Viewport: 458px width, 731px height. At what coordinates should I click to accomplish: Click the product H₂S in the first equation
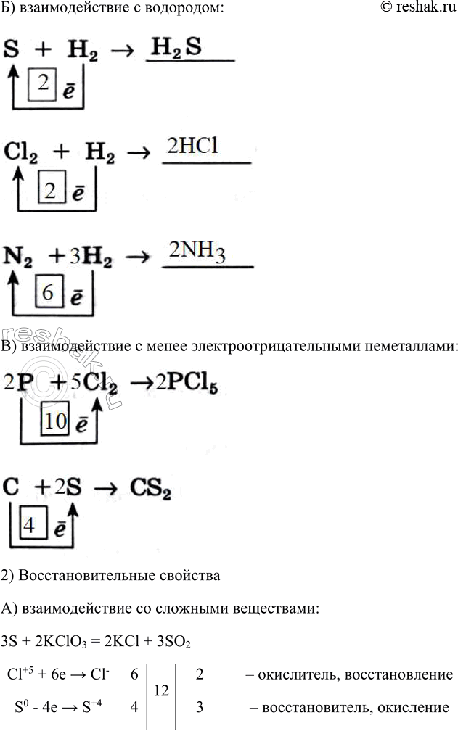click(x=176, y=48)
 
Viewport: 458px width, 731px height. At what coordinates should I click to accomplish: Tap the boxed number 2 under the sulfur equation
click(x=43, y=84)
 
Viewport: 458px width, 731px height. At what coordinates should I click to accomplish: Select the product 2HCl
click(x=192, y=146)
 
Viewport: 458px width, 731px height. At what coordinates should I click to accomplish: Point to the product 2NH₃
click(x=197, y=252)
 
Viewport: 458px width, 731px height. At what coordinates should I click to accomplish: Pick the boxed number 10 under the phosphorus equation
click(x=55, y=420)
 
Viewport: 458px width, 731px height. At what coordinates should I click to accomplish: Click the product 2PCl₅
click(x=187, y=384)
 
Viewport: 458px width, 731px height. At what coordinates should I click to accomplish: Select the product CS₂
click(x=150, y=488)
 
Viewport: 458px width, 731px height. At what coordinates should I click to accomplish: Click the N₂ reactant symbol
click(x=17, y=257)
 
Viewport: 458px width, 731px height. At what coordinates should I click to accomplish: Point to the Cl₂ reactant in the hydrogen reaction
click(x=20, y=152)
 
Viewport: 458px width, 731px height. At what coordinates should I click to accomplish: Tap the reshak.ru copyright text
click(x=418, y=7)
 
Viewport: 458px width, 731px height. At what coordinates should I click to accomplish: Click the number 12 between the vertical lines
click(x=161, y=690)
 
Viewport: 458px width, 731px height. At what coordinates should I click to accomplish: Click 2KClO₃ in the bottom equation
click(x=60, y=642)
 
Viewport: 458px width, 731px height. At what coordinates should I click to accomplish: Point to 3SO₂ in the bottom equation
click(x=173, y=642)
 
